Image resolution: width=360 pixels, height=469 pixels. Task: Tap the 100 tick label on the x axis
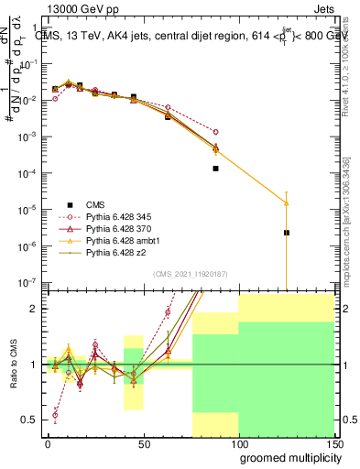click(x=238, y=443)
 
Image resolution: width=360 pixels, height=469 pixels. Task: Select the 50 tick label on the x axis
click(x=143, y=443)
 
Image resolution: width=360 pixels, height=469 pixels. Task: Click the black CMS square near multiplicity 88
click(x=215, y=169)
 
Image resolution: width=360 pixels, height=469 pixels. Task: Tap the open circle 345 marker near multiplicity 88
click(x=215, y=132)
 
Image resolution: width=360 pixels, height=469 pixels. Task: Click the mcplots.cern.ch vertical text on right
click(x=352, y=229)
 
